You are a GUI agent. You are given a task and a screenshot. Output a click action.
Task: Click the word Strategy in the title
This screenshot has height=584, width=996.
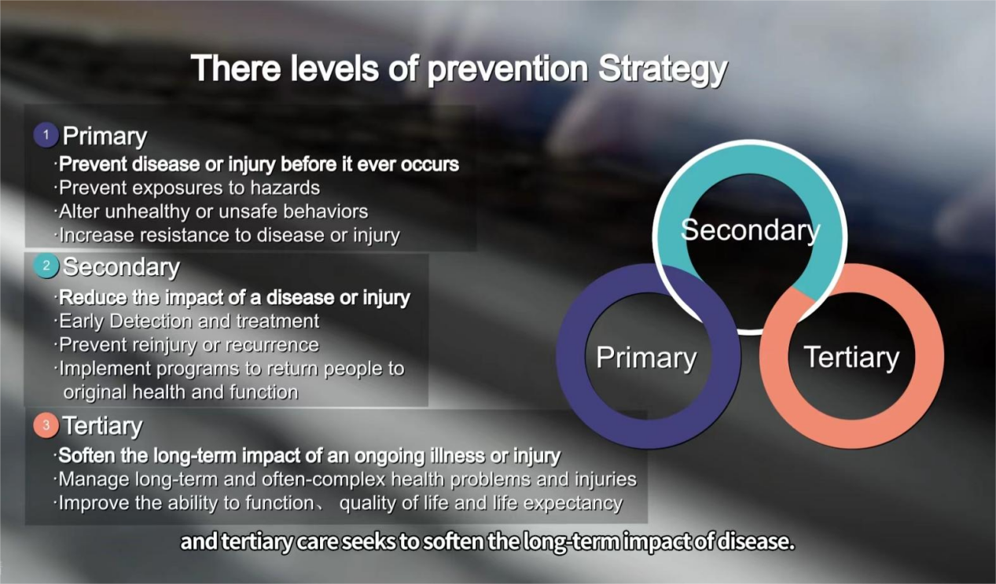pyautogui.click(x=663, y=70)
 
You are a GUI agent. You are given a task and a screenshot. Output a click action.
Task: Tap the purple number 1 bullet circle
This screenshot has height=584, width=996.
pyautogui.click(x=46, y=135)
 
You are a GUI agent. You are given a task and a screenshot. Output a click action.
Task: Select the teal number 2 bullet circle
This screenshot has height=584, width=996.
pyautogui.click(x=46, y=266)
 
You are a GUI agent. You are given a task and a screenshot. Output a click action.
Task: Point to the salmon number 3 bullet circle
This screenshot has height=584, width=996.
pyautogui.click(x=46, y=425)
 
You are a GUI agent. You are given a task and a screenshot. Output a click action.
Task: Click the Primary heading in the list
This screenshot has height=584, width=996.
pyautogui.click(x=105, y=137)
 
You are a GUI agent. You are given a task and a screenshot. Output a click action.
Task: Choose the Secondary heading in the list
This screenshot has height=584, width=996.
pyautogui.click(x=121, y=266)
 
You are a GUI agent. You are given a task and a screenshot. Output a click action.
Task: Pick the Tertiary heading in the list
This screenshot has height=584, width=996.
pyautogui.click(x=103, y=425)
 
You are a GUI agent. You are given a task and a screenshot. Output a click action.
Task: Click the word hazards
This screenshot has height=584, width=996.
pyautogui.click(x=285, y=188)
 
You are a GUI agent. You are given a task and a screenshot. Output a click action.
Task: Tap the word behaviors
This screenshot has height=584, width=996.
pyautogui.click(x=325, y=211)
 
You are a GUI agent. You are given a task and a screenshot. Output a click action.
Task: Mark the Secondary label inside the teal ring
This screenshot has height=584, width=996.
pyautogui.click(x=750, y=230)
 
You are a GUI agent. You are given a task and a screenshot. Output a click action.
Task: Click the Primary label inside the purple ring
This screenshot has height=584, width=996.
pyautogui.click(x=646, y=358)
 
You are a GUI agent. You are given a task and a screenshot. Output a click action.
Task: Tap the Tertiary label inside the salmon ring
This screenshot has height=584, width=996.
pyautogui.click(x=851, y=358)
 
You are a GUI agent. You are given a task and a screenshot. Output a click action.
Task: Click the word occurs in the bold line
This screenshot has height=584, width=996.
pyautogui.click(x=430, y=164)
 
